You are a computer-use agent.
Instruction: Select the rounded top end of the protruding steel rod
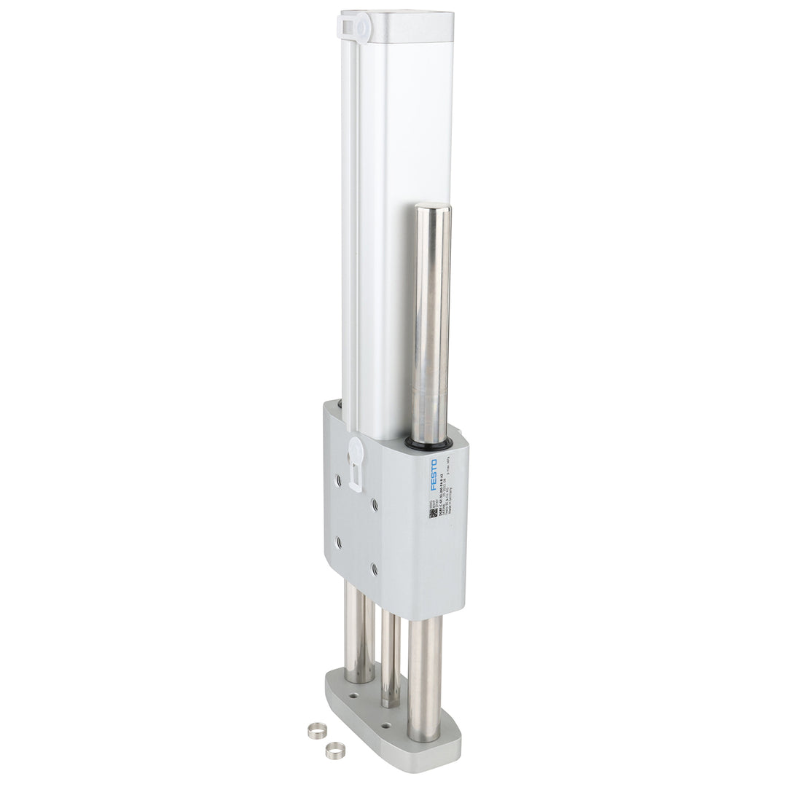(432, 208)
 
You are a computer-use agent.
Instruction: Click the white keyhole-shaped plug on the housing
(356, 459)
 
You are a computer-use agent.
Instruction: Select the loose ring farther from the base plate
(316, 731)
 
